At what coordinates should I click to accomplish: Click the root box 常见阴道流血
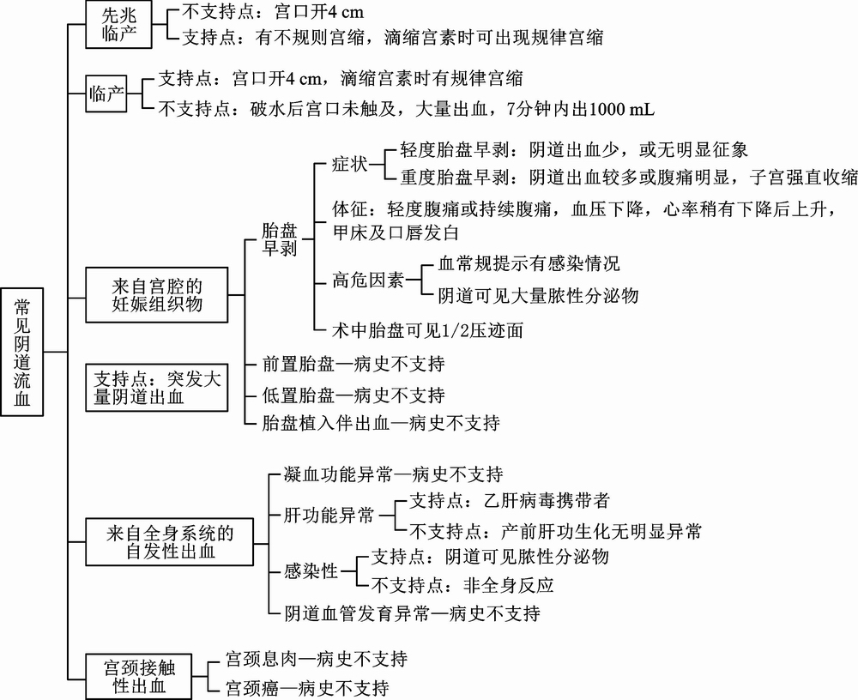22,352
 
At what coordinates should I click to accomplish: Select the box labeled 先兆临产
118,25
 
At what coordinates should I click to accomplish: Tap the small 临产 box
106,94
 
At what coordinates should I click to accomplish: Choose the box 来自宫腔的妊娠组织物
156,295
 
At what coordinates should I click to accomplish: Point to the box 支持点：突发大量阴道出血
156,388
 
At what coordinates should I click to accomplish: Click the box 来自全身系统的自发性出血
170,542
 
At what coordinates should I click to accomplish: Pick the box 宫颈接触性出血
138,677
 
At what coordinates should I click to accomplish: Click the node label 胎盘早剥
279,239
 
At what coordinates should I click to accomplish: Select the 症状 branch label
350,164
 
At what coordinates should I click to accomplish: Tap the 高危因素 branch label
368,281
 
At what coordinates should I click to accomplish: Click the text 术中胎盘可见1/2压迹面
427,330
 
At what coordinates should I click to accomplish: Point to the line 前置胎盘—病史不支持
353,364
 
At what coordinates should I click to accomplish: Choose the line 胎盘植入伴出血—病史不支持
381,423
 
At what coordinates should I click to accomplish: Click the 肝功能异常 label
329,515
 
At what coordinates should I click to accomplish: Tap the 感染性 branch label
311,571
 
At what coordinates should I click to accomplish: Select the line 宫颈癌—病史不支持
307,687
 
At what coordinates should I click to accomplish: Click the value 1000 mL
622,109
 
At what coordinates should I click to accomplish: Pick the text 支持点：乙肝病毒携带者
510,500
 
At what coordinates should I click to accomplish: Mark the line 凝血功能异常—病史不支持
394,474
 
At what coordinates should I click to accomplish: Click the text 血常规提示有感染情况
529,263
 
